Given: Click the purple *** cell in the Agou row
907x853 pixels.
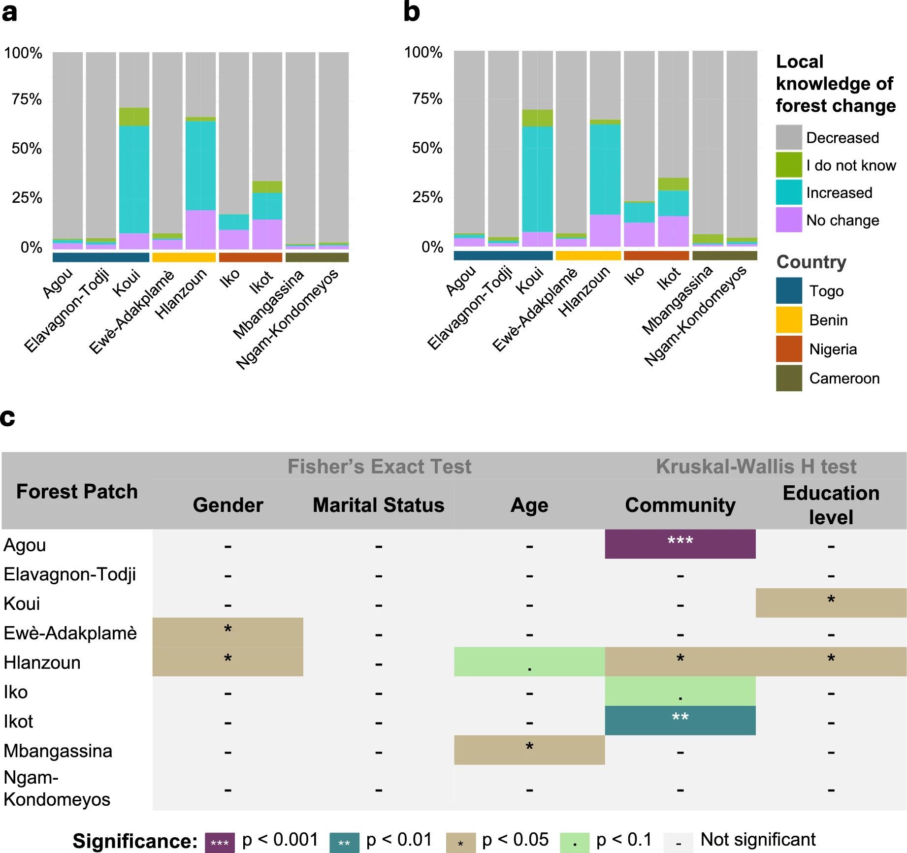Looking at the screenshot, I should (x=680, y=544).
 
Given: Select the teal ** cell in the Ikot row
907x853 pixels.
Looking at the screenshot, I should (x=680, y=720).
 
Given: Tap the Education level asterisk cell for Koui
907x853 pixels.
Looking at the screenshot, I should (x=831, y=602).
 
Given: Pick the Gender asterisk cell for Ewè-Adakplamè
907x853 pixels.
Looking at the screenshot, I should (x=227, y=632).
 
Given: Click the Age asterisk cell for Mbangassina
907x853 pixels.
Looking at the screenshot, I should (x=529, y=750).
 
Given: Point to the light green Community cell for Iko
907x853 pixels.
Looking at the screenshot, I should (x=680, y=691).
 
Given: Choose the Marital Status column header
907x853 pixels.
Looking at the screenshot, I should (x=378, y=505).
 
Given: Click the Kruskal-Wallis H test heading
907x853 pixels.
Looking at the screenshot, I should (x=756, y=466).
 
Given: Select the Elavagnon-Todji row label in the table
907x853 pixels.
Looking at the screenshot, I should (x=70, y=574).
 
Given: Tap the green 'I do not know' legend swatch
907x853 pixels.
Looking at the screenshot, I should (x=789, y=165).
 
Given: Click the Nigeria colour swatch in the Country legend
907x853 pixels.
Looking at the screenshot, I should (x=789, y=349).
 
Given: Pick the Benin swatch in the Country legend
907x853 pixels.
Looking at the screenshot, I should (x=789, y=320).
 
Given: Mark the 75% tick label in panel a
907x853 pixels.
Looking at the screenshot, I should (x=27, y=99).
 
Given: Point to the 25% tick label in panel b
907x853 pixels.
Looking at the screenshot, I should (x=427, y=197).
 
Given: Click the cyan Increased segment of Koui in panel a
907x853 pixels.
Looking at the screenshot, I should (x=134, y=180).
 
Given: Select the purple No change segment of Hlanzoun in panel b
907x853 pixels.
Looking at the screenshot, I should (x=605, y=230).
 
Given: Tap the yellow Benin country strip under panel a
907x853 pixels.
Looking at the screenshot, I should (x=184, y=257).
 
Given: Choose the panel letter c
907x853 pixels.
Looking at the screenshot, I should (x=8, y=418).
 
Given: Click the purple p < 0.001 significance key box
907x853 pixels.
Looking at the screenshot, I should (x=220, y=843).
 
